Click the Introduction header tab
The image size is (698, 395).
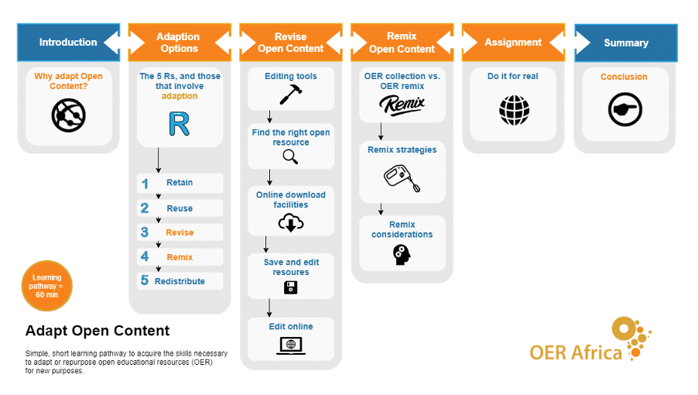point(68,43)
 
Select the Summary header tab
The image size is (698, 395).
point(626,43)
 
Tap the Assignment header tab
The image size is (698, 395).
point(513,43)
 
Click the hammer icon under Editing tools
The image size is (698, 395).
point(291,94)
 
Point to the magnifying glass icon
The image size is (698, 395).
point(290,156)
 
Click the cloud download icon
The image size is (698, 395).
point(291,222)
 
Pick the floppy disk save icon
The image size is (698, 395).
point(291,287)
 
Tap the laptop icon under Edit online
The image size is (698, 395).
point(291,345)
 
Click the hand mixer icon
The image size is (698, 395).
point(402,178)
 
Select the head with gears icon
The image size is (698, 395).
point(402,255)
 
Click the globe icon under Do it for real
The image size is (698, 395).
point(514,110)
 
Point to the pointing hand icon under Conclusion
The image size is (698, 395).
point(625,109)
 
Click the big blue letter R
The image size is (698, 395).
point(180,124)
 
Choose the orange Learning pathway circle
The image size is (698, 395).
point(46,286)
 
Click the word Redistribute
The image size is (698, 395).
point(180,281)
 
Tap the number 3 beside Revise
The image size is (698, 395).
point(145,232)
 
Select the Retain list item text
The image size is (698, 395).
point(180,183)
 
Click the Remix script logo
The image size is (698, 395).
point(402,105)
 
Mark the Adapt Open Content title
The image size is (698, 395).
point(98,331)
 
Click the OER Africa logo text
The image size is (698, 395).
point(576,352)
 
